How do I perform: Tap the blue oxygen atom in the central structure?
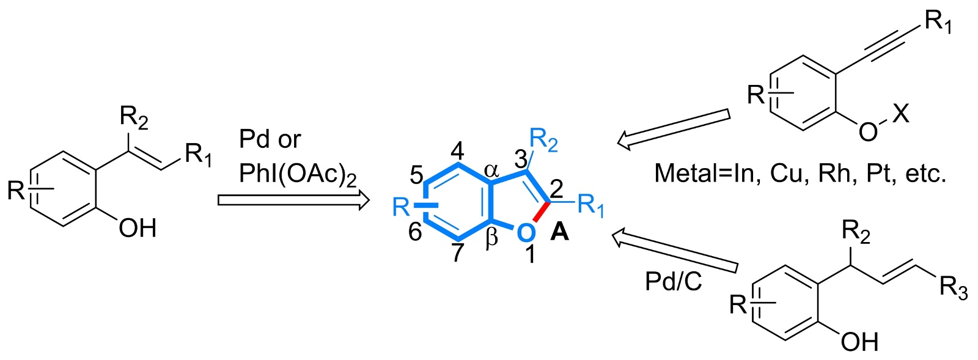pyautogui.click(x=524, y=232)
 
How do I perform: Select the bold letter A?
pyautogui.click(x=560, y=232)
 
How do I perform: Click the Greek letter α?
pyautogui.click(x=492, y=171)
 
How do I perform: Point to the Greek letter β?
pyautogui.click(x=491, y=239)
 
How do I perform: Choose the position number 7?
pyautogui.click(x=458, y=252)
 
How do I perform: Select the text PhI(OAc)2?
pyautogui.click(x=298, y=175)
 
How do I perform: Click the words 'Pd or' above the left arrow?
pyautogui.click(x=270, y=140)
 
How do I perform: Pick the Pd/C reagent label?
pyautogui.click(x=674, y=281)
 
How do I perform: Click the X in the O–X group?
pyautogui.click(x=900, y=113)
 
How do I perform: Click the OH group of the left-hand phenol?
pyautogui.click(x=138, y=229)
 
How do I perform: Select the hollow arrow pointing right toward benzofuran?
pyautogui.click(x=293, y=200)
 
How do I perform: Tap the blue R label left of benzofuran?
pyautogui.click(x=401, y=207)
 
